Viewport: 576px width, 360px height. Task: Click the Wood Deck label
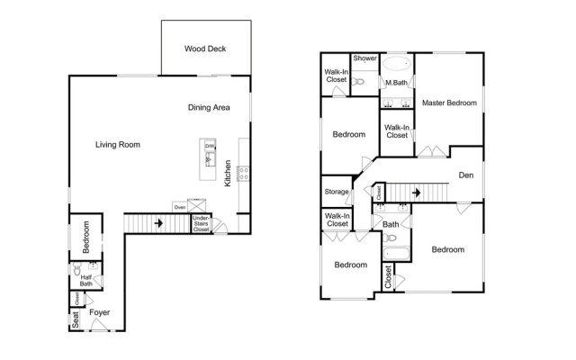[205, 49]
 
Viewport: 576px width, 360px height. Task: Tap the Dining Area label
[209, 107]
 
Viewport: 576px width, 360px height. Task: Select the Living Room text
[118, 144]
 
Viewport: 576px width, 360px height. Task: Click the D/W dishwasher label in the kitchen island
[210, 146]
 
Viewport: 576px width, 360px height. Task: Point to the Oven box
[180, 207]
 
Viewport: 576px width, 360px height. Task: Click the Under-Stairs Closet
[202, 224]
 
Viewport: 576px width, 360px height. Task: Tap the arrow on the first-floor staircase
[158, 223]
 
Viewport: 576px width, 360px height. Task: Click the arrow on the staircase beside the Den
[416, 193]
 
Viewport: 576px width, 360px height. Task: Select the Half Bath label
[86, 280]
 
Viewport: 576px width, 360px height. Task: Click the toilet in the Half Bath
[76, 268]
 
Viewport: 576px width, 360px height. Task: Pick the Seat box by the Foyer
[75, 319]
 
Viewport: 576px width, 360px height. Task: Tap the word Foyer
[100, 312]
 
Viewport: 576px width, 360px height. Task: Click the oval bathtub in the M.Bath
[396, 64]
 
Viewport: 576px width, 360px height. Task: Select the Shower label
[364, 58]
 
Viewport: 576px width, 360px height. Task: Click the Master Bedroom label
[449, 103]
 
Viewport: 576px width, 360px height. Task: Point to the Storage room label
[336, 192]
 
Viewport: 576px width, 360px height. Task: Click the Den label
[466, 175]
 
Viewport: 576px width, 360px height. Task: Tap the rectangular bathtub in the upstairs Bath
[396, 254]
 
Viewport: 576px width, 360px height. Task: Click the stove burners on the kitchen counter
[244, 174]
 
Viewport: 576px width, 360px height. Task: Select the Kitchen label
[228, 173]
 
